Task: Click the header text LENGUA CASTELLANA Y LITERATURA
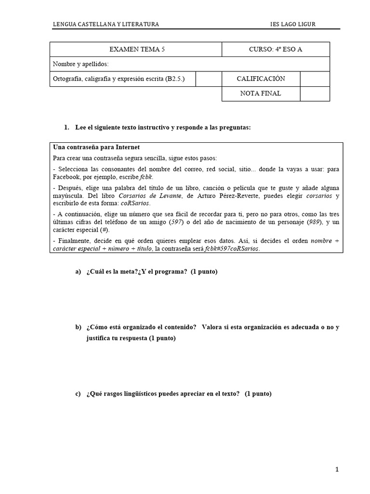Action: [x=106, y=25]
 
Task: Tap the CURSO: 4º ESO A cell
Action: [x=276, y=49]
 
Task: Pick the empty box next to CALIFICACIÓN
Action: [x=315, y=79]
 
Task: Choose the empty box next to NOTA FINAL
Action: [x=315, y=94]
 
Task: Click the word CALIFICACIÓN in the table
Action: [x=261, y=79]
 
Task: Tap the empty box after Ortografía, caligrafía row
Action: [x=208, y=79]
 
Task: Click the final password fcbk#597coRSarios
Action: [x=231, y=248]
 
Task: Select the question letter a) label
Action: [x=78, y=272]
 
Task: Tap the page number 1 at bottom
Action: [x=337, y=470]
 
